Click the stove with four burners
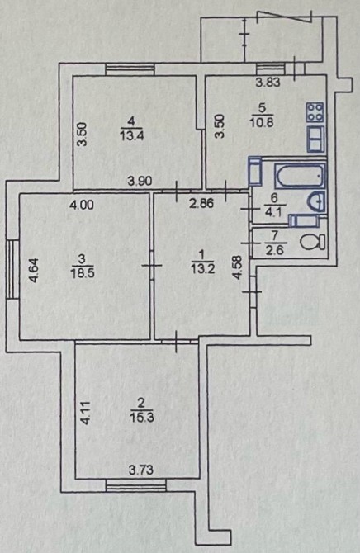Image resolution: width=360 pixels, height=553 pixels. (315, 112)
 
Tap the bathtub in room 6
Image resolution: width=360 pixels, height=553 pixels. (300, 175)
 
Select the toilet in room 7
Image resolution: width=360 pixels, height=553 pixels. (313, 243)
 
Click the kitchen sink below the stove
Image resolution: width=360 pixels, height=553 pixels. (315, 139)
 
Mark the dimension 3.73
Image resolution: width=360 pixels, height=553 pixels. (141, 470)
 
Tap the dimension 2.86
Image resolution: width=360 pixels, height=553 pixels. (201, 204)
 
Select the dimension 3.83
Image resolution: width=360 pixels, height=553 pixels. (268, 83)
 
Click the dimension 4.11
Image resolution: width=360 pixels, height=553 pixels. (85, 413)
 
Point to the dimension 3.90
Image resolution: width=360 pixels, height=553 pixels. (140, 182)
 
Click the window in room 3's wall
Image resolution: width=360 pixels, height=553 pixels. (12, 269)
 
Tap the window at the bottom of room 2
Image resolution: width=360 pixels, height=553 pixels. (136, 487)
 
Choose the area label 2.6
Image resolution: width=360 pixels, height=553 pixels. (277, 251)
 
